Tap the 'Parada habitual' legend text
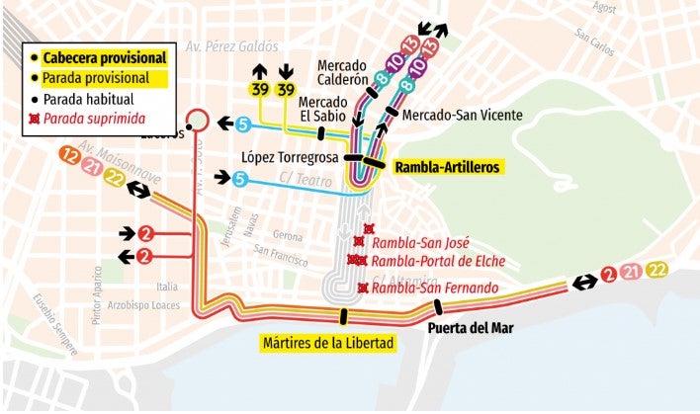pyautogui.click(x=94, y=99)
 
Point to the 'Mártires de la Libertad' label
pyautogui.click(x=328, y=344)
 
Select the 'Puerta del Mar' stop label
pyautogui.click(x=471, y=327)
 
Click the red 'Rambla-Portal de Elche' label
pyautogui.click(x=425, y=261)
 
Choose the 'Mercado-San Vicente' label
pyautogui.click(x=463, y=116)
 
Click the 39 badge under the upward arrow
pyautogui.click(x=259, y=91)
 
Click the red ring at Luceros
pyautogui.click(x=197, y=120)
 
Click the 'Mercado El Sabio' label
pyautogui.click(x=322, y=109)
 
